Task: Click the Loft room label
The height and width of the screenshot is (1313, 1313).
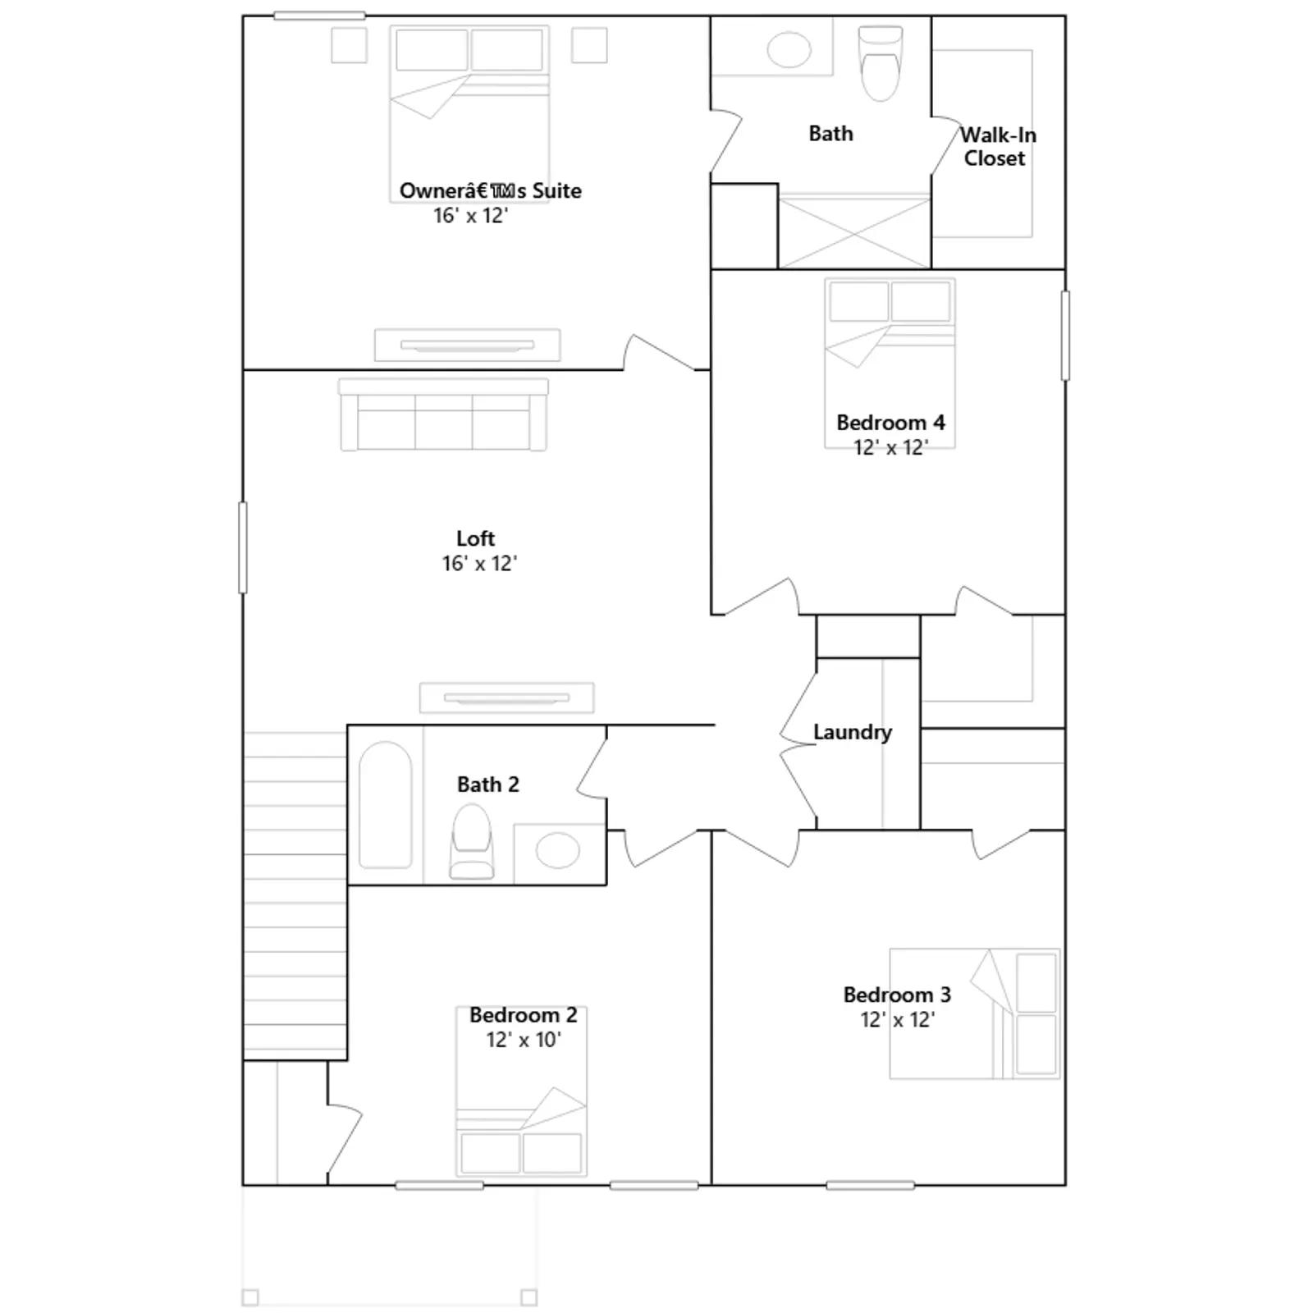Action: tap(476, 538)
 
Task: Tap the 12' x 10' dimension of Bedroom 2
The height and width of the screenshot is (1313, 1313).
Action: tap(524, 1040)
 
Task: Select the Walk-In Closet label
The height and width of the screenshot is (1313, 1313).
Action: tap(997, 146)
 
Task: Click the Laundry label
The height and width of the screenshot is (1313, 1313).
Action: tap(853, 732)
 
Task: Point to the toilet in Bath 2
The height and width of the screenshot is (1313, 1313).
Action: tap(472, 842)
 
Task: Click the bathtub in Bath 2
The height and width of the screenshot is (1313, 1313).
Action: tap(386, 805)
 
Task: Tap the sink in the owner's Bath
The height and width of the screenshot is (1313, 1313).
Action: tap(789, 49)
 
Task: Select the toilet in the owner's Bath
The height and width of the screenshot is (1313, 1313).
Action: tap(881, 63)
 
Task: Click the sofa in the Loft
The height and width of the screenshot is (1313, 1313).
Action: tap(443, 414)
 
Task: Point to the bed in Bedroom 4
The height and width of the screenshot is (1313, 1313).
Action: tap(890, 364)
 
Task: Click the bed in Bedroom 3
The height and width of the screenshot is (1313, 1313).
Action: tap(975, 1013)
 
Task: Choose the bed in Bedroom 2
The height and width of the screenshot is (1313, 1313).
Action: tap(522, 1091)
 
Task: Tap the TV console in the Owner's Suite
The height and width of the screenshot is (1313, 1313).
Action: tap(468, 345)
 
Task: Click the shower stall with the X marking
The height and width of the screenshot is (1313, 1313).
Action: tap(854, 231)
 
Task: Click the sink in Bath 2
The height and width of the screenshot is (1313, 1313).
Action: tap(558, 851)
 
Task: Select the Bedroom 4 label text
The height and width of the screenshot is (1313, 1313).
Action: tap(890, 423)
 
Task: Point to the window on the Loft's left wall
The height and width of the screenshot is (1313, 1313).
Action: tap(243, 547)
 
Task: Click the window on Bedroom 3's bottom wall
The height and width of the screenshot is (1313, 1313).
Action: tap(870, 1185)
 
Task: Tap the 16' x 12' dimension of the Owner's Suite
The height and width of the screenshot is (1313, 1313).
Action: tap(471, 216)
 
